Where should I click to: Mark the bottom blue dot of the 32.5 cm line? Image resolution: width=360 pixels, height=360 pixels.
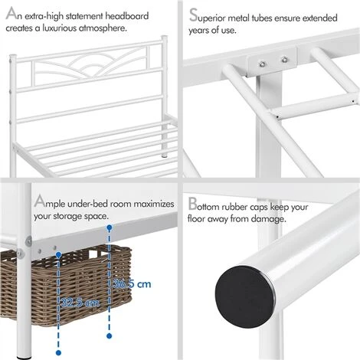pos(58,354)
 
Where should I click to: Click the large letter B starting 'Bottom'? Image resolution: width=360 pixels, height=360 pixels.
pos(192,205)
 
